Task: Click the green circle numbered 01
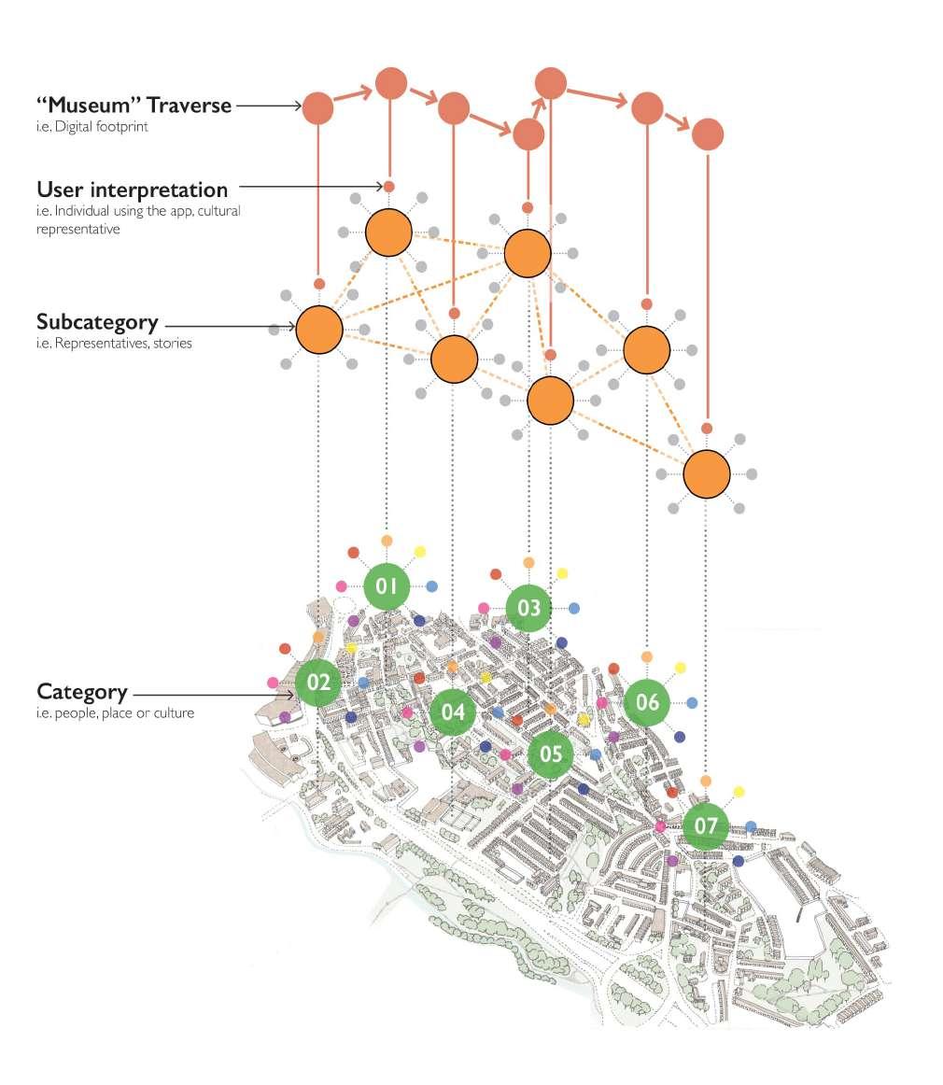387,586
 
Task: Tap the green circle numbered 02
318,683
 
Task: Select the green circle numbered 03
528,609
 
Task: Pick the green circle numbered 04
453,712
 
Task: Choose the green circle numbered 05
551,754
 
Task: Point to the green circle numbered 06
647,702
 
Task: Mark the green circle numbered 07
706,825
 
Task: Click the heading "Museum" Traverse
134,106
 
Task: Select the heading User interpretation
132,190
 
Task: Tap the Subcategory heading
97,322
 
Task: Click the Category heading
82,692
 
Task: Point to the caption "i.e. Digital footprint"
86,127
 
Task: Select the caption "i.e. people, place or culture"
116,713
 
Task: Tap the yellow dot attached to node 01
419,552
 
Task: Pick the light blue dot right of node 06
692,702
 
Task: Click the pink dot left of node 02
273,683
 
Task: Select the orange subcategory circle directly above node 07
707,474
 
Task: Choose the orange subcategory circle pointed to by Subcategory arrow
319,330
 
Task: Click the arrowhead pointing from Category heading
290,695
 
